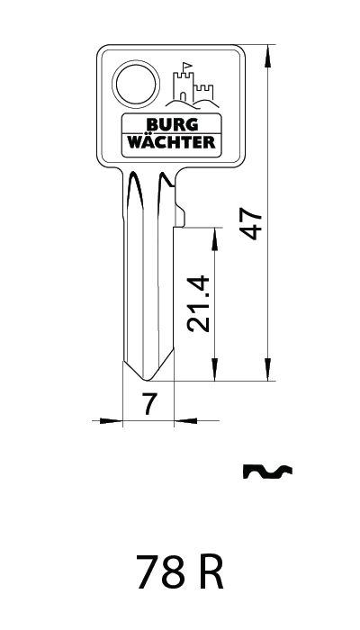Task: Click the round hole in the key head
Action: pyautogui.click(x=136, y=84)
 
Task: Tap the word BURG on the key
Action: pyautogui.click(x=172, y=124)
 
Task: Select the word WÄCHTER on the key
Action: pyautogui.click(x=172, y=142)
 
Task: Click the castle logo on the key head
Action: pyautogui.click(x=192, y=86)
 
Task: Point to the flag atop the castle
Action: pyautogui.click(x=187, y=67)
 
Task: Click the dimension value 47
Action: pyautogui.click(x=251, y=225)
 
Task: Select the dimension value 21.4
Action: pyautogui.click(x=199, y=303)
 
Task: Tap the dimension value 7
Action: pyautogui.click(x=149, y=404)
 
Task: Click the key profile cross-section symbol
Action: pyautogui.click(x=267, y=472)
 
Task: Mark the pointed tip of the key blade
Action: pyautogui.click(x=147, y=379)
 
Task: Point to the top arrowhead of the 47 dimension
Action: pyautogui.click(x=268, y=56)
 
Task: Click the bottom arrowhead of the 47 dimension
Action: pyautogui.click(x=268, y=370)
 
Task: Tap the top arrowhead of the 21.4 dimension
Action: pyautogui.click(x=214, y=239)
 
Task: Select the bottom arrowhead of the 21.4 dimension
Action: pyautogui.click(x=214, y=370)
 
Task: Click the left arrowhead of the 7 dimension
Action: pyautogui.click(x=111, y=420)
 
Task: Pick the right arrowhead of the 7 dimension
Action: pyautogui.click(x=185, y=420)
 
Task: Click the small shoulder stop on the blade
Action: pyautogui.click(x=180, y=217)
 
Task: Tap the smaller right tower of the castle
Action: pyautogui.click(x=204, y=93)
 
